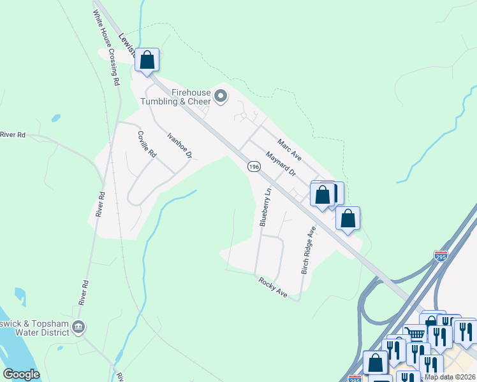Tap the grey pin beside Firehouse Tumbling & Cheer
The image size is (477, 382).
pos(221,97)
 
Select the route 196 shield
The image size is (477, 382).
pos(254,166)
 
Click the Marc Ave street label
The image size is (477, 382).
pos(289,150)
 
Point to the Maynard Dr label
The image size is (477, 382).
pos(281,164)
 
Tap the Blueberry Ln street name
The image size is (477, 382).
pos(265,207)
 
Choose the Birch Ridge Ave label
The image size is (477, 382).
pos(308,250)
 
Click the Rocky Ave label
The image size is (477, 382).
pos(273,288)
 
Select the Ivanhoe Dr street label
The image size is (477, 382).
pos(179,145)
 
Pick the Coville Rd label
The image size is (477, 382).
pos(147,145)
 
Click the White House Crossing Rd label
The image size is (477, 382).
pos(106,48)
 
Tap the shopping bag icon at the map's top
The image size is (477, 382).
pos(147,60)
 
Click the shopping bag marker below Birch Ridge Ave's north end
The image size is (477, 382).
pos(348,218)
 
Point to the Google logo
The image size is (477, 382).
pos(21,374)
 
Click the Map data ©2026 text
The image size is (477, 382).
pos(450,377)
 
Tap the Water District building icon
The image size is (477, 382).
pos(78,328)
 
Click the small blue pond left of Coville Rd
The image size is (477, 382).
pos(56,118)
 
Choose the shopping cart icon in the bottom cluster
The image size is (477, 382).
pos(416,334)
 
